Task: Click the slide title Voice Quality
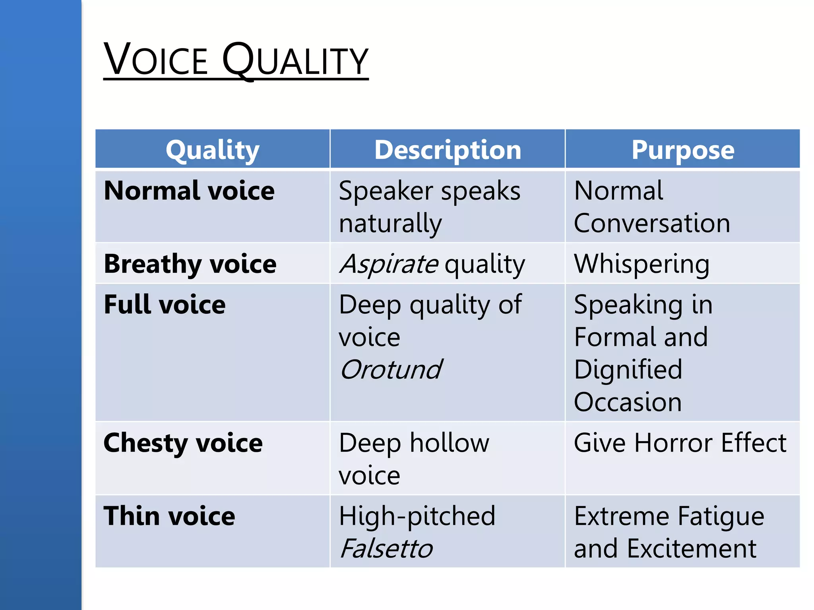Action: pyautogui.click(x=236, y=60)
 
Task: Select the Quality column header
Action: pyautogui.click(x=213, y=150)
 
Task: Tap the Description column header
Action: pyautogui.click(x=448, y=150)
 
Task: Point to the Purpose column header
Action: pyautogui.click(x=683, y=150)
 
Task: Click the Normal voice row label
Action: pyautogui.click(x=189, y=191)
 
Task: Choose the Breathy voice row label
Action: pyautogui.click(x=190, y=264)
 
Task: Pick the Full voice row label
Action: pyautogui.click(x=165, y=305)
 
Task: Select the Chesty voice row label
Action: pyautogui.click(x=183, y=443)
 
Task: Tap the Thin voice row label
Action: pyautogui.click(x=169, y=516)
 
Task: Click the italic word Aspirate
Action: pyautogui.click(x=389, y=264)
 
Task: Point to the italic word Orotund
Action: pyautogui.click(x=391, y=369)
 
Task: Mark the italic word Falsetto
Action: pyautogui.click(x=386, y=548)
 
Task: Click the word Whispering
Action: pyautogui.click(x=642, y=264)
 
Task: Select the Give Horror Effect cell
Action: pyautogui.click(x=680, y=443)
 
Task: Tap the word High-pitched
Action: pyautogui.click(x=417, y=516)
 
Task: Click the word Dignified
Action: pyautogui.click(x=628, y=369)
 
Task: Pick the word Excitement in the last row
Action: pyautogui.click(x=692, y=548)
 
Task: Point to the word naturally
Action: pyautogui.click(x=390, y=223)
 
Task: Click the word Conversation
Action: pyautogui.click(x=652, y=223)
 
